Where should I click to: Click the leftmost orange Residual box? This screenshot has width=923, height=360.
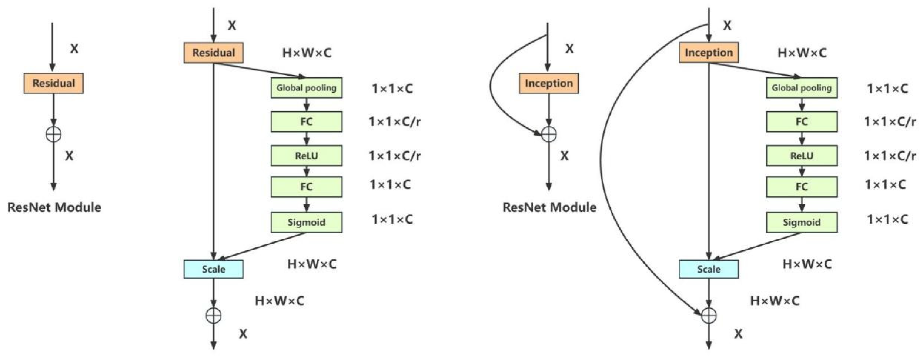tap(53, 83)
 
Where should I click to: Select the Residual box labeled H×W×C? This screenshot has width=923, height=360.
tap(213, 53)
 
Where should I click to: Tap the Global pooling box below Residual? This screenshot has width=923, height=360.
tap(306, 88)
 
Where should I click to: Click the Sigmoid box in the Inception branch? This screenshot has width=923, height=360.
tap(801, 222)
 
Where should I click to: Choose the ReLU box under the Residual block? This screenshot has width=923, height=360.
tap(306, 156)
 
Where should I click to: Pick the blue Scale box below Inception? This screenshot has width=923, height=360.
tap(708, 269)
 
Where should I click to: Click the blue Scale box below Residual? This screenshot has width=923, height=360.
tap(213, 269)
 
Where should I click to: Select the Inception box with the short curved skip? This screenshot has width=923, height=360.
tap(548, 83)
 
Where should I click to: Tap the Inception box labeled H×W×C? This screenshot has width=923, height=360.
tap(708, 53)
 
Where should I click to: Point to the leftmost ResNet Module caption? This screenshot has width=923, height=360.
tap(54, 207)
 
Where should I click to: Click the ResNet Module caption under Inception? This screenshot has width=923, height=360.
tap(549, 207)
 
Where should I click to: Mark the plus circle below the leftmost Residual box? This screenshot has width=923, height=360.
tap(53, 134)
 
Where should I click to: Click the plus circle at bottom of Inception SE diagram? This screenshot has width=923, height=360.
tap(708, 316)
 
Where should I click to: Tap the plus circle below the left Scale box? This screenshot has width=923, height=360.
tap(214, 316)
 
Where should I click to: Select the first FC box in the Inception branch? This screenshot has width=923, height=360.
tap(801, 121)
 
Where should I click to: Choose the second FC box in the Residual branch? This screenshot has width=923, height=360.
tap(306, 187)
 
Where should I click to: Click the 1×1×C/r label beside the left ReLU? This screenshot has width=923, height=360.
tap(394, 156)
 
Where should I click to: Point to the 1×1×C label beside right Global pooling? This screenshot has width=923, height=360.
tap(887, 89)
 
